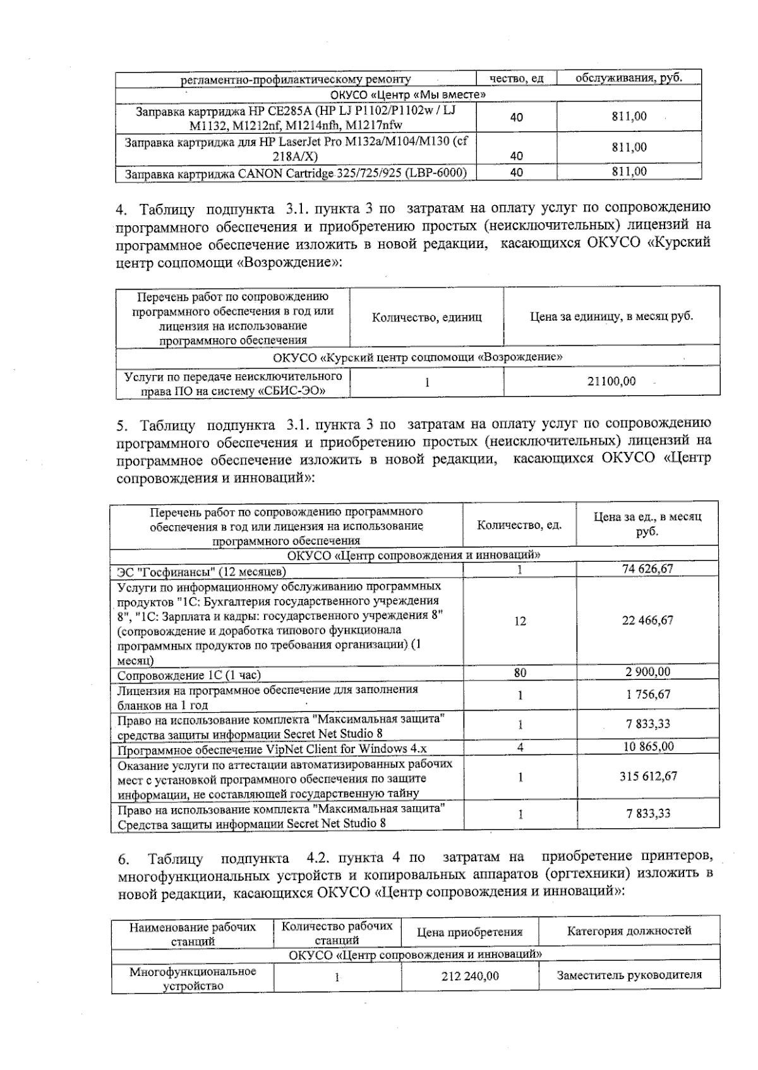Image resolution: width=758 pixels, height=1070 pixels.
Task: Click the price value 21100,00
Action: pos(611,381)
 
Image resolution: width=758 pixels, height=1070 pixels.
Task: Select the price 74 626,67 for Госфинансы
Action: pos(647,568)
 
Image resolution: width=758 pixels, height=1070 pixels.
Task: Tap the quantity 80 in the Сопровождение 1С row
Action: pos(520,672)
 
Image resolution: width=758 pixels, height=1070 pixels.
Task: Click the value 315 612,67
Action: pos(648,776)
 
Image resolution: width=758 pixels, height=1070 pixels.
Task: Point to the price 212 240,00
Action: pos(470,976)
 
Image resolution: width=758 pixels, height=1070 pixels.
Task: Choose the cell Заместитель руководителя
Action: pos(629,975)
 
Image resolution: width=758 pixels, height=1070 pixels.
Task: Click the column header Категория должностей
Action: pos(629,930)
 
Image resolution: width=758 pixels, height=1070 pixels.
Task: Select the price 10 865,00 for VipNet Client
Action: pos(648,747)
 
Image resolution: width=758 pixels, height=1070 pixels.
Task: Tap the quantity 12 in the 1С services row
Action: pos(520,621)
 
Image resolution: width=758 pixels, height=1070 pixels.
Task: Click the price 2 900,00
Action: pos(648,672)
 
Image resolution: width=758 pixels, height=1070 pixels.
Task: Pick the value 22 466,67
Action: pos(647,620)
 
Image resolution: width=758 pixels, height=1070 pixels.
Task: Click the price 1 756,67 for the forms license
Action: pos(648,694)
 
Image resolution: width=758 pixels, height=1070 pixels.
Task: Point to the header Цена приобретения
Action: pos(470,932)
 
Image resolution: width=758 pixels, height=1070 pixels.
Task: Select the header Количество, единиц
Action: pos(427,317)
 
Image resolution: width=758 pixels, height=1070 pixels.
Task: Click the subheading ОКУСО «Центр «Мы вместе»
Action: pos(408,95)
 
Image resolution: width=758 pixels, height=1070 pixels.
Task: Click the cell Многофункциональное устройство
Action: pos(193,978)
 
